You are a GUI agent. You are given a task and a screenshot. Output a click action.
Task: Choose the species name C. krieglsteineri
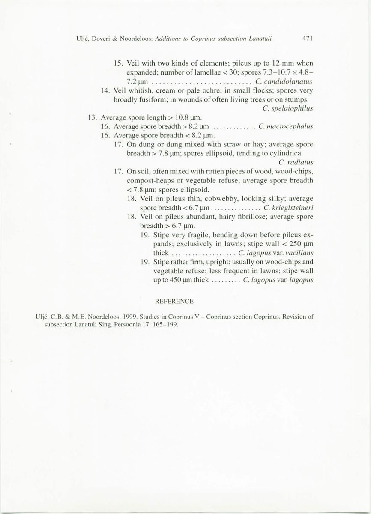click(288, 208)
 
